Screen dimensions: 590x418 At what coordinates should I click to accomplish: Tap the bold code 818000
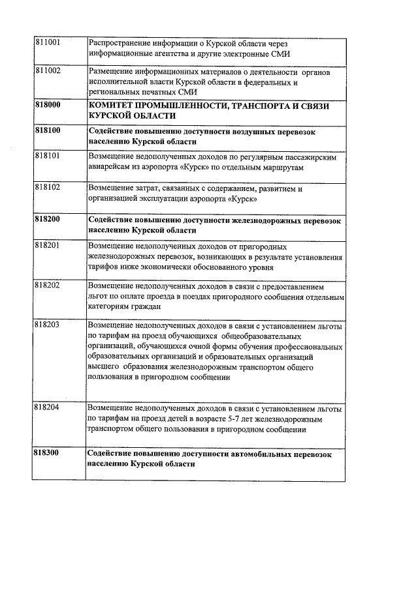tap(47, 105)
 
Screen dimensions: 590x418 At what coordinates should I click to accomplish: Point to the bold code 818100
tap(47, 130)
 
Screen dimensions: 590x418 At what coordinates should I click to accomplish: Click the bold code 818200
tap(47, 220)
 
